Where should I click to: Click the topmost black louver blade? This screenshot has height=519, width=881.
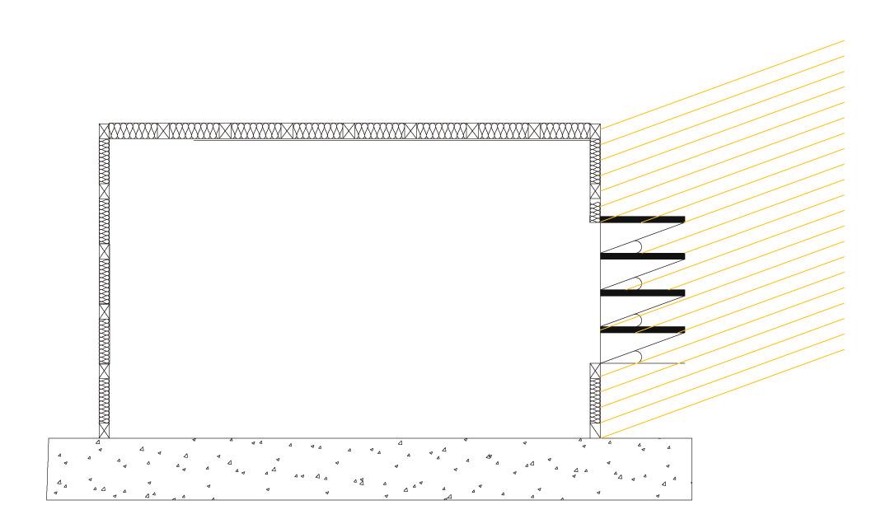643,219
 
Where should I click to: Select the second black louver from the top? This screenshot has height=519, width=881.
643,256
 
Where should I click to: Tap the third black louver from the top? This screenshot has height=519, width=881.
643,293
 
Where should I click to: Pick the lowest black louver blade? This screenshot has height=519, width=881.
643,330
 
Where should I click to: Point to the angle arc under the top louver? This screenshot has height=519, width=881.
640,245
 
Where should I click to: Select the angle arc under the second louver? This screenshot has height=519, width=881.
640,283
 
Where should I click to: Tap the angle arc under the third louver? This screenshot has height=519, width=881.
640,320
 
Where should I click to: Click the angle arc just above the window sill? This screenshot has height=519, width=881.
640,356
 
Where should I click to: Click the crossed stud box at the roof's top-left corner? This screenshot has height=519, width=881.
105,131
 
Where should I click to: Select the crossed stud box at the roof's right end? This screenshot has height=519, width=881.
593,131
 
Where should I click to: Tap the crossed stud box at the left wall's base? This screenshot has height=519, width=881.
104,430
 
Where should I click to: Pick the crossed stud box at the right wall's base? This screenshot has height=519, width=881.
595,430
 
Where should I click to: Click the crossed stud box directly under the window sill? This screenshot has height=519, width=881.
595,370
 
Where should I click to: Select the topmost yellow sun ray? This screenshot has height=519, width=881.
742,74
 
